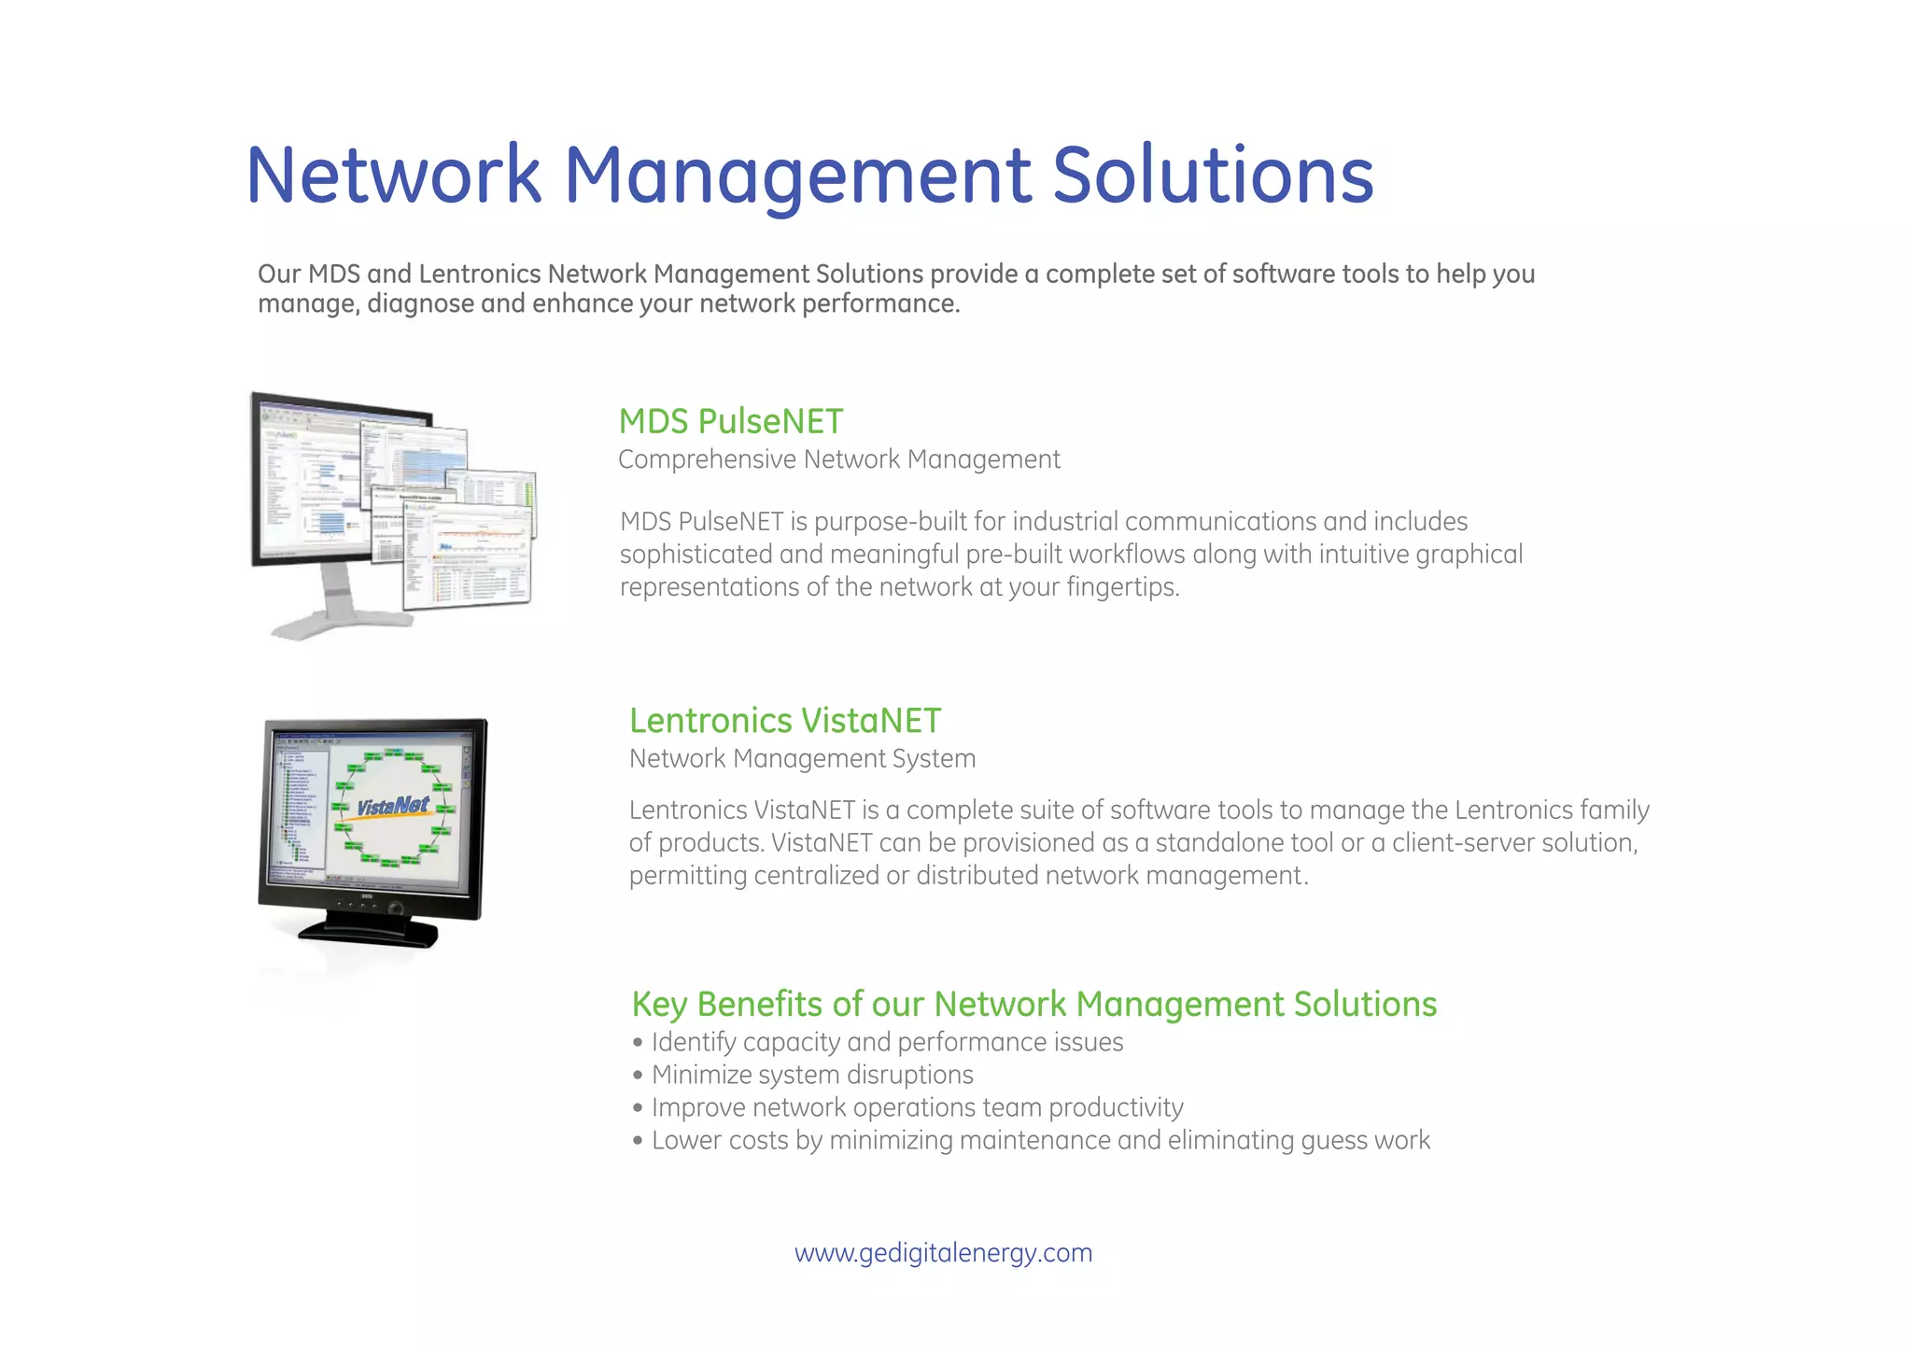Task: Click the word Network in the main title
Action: click(x=393, y=176)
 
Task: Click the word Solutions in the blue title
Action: click(x=1213, y=176)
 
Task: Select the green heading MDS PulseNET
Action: click(x=731, y=422)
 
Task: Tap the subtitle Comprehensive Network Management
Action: click(x=838, y=459)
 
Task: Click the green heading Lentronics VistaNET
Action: click(x=784, y=721)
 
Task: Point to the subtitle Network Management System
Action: click(x=802, y=758)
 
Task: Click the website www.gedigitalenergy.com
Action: click(x=943, y=1252)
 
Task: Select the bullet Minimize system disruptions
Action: click(x=811, y=1075)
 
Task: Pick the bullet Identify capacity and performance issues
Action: click(x=887, y=1042)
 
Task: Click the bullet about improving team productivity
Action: click(x=917, y=1107)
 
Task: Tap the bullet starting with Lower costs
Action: click(x=1040, y=1140)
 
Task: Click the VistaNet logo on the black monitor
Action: click(x=393, y=806)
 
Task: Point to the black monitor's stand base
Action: click(x=369, y=931)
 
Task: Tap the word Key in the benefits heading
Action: click(x=659, y=1005)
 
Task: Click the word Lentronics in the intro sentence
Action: click(x=479, y=275)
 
